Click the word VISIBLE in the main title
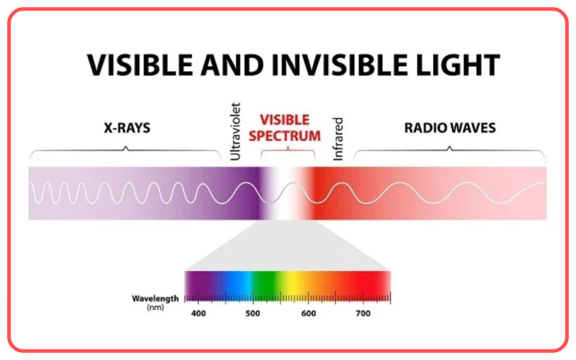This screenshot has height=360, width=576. pyautogui.click(x=140, y=65)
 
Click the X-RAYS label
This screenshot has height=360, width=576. pyautogui.click(x=127, y=128)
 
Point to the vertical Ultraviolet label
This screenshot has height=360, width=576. pyautogui.click(x=235, y=132)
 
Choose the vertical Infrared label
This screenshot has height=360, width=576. pyautogui.click(x=337, y=139)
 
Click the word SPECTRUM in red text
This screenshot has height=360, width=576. pyautogui.click(x=285, y=136)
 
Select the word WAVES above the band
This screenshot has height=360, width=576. pyautogui.click(x=473, y=128)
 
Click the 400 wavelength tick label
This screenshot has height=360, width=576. pyautogui.click(x=199, y=313)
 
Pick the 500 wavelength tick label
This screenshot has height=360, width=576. pyautogui.click(x=253, y=313)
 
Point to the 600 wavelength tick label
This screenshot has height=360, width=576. pyautogui.click(x=309, y=313)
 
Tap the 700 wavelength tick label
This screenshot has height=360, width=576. pyautogui.click(x=363, y=313)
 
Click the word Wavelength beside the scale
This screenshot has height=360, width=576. pyautogui.click(x=155, y=299)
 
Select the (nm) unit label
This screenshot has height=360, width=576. pyautogui.click(x=155, y=308)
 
